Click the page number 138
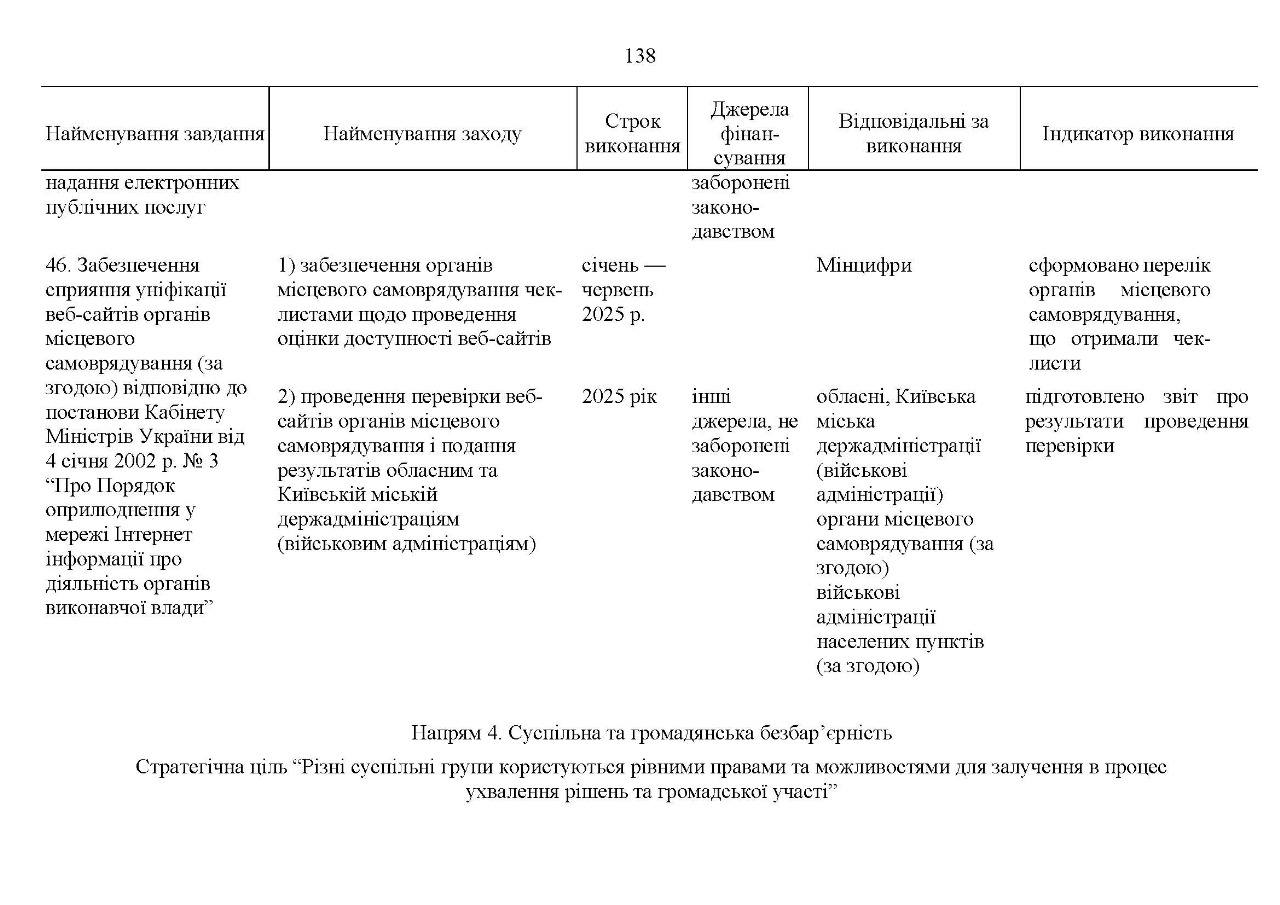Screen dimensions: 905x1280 640,56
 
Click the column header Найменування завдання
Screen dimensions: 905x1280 155,134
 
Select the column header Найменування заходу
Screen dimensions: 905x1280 422,134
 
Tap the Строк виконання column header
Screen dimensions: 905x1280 632,134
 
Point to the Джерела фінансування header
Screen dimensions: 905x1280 749,133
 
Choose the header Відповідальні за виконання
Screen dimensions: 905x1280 914,134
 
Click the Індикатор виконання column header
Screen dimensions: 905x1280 1138,134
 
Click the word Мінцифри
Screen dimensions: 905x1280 864,266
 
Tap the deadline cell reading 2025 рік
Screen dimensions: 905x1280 620,397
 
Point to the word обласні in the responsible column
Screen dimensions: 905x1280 852,397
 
